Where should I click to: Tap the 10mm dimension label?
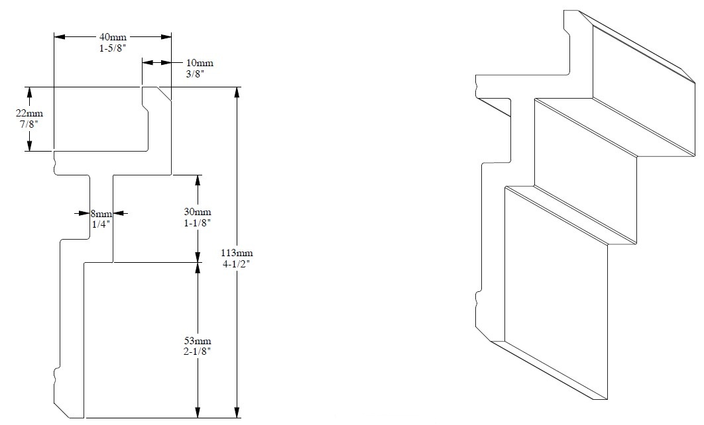tap(200, 63)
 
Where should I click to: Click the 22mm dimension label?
tap(29, 113)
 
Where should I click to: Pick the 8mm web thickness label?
tap(101, 213)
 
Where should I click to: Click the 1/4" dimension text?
tap(101, 224)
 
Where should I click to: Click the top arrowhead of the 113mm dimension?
tap(237, 91)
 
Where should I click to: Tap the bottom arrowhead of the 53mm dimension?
tap(197, 414)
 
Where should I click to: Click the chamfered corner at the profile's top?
tap(163, 94)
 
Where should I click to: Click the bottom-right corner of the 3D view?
tap(607, 400)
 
